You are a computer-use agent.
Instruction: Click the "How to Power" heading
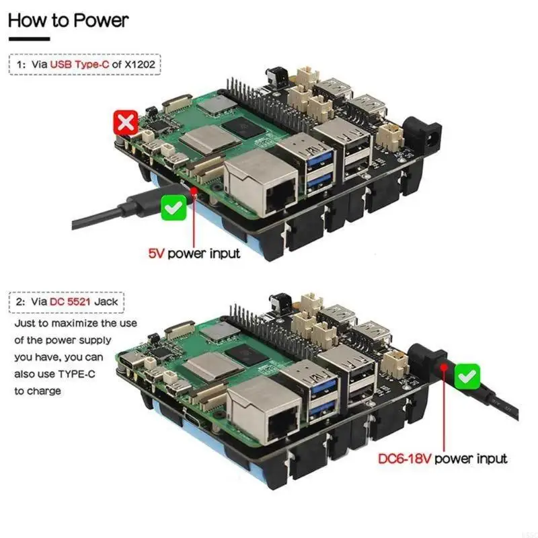[x=67, y=20]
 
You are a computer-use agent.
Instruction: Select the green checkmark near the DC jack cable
[x=467, y=375]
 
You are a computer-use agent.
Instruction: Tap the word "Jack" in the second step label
[x=107, y=301]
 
